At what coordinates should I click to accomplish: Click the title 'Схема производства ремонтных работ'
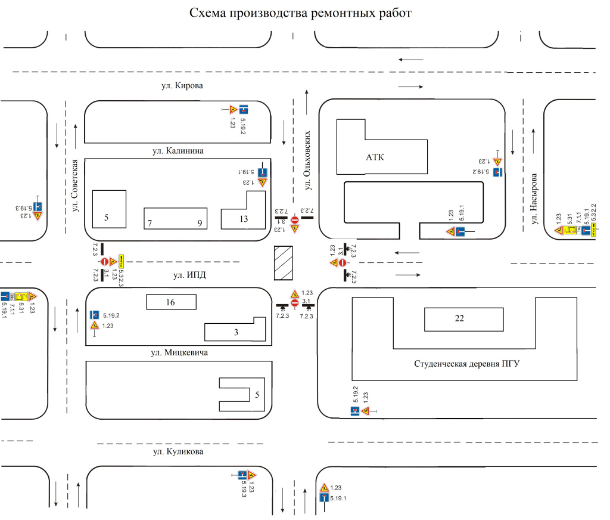[300, 13]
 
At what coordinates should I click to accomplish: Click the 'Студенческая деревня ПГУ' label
[467, 363]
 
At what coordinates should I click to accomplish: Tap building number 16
[171, 303]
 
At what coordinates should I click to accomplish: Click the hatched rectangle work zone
[283, 263]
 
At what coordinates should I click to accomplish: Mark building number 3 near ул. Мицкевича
[236, 331]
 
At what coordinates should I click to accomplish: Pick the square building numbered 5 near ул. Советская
[109, 209]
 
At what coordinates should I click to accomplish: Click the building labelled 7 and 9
[175, 218]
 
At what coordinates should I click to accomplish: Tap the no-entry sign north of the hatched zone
[295, 221]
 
